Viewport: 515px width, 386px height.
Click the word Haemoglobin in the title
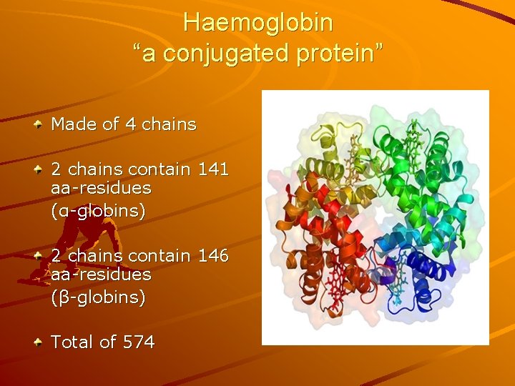[x=257, y=23]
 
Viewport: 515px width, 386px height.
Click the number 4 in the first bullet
[x=130, y=124]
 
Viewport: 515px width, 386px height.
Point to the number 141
[x=212, y=169]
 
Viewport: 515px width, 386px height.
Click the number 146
[x=212, y=256]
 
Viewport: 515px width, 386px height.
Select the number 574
[x=139, y=342]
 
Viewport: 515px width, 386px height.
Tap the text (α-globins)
[x=98, y=211]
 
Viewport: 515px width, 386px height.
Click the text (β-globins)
[x=98, y=297]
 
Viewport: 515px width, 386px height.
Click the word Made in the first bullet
[x=74, y=124]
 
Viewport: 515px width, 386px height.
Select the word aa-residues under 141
[x=101, y=189]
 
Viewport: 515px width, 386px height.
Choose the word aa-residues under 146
[x=101, y=274]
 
